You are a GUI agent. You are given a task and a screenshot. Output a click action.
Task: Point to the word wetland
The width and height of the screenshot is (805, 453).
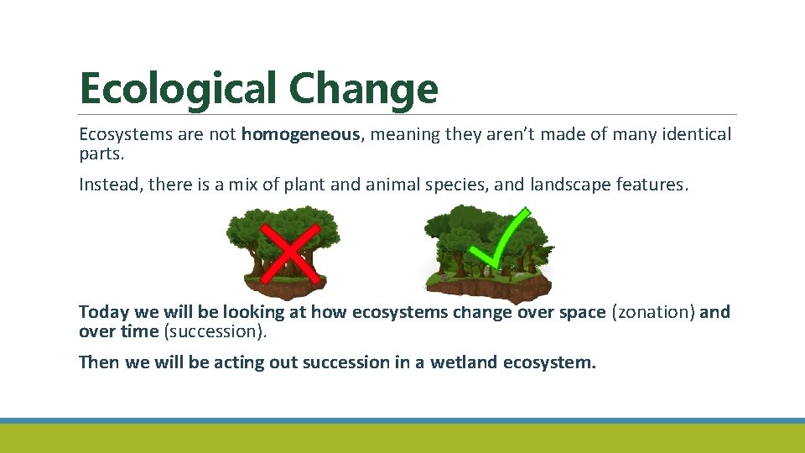click(464, 362)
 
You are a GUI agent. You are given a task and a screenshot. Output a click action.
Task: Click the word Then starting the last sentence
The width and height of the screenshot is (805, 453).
click(99, 362)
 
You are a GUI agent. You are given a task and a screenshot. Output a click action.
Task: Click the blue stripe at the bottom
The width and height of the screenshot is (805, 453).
click(402, 420)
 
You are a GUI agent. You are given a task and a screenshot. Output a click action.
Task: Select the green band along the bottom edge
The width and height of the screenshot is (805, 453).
click(402, 438)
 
